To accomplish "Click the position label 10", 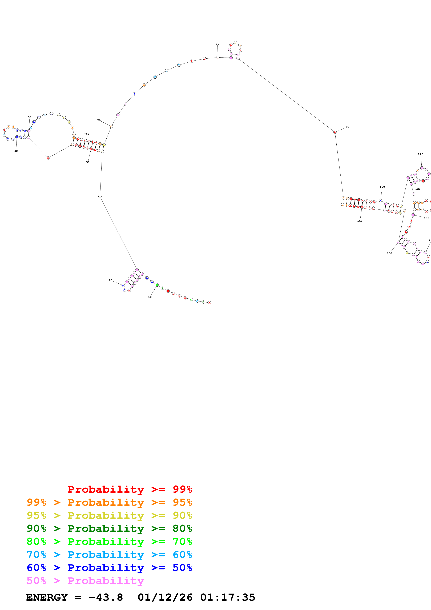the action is tap(150, 297).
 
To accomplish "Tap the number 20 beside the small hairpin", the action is tap(110, 280).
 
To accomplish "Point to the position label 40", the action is tap(16, 151).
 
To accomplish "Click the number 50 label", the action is tap(30, 117).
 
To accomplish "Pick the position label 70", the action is tap(99, 120).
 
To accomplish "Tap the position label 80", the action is tap(217, 44).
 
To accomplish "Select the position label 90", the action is tap(348, 127).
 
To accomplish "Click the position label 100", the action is tap(382, 187).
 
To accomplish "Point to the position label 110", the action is tap(420, 154).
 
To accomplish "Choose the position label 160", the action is tap(360, 221).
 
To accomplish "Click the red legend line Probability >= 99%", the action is tap(130, 489).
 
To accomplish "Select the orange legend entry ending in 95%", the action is tap(109, 502).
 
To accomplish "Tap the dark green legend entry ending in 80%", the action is tap(109, 528).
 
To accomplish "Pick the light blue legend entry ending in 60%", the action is tap(109, 555).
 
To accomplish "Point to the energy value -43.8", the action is tap(106, 597).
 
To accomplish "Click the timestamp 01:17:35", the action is tap(228, 597).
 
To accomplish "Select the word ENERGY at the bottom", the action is tap(47, 597).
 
